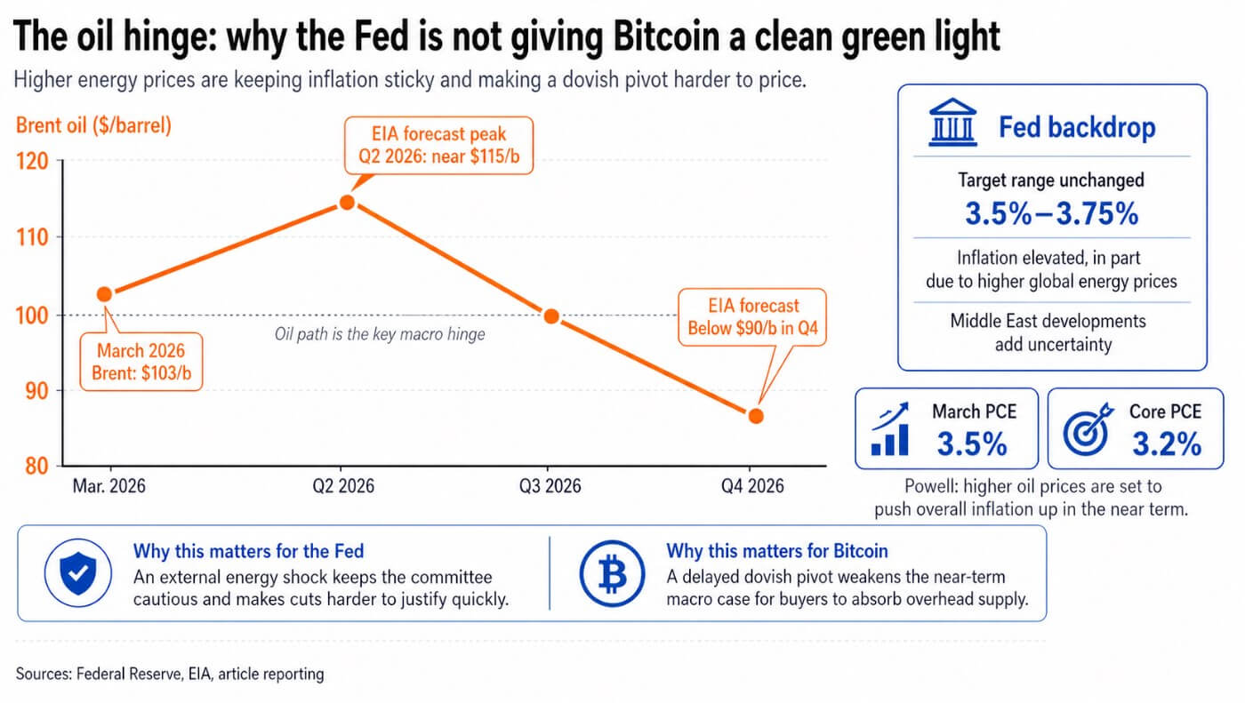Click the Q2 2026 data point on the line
pos(347,202)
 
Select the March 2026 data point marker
pos(104,294)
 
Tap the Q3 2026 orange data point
pos(551,316)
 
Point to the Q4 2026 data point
pos(756,416)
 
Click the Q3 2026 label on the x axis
pos(550,486)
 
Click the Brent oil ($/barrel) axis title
pos(93,125)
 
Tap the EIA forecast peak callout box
pos(439,147)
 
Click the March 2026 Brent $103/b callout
pos(141,362)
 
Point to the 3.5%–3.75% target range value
pos(1051,213)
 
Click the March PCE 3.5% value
pos(972,443)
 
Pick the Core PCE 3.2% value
pos(1166,443)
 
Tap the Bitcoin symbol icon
pos(611,574)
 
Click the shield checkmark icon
pos(77,574)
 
